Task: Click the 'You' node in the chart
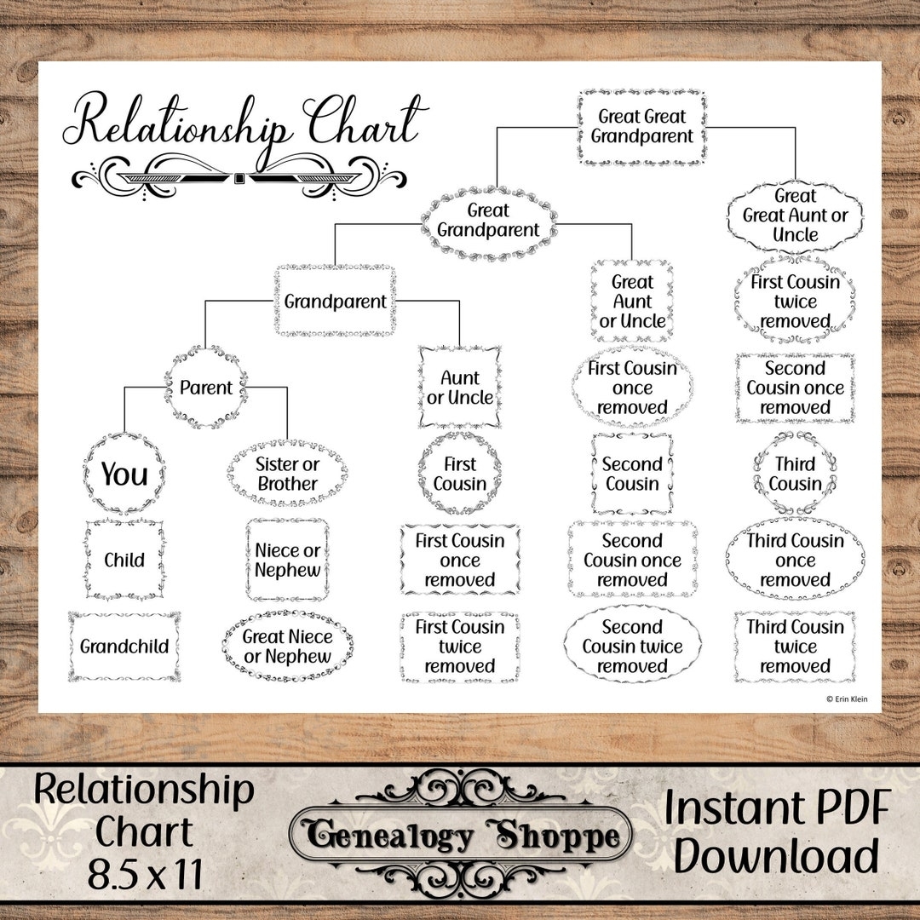click(124, 474)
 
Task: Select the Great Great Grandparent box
click(641, 126)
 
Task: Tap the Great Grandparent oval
click(488, 221)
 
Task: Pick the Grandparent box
click(335, 302)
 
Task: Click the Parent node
click(206, 388)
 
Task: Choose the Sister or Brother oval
click(288, 474)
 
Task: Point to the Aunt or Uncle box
click(460, 388)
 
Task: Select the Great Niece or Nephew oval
click(288, 646)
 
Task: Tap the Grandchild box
click(124, 646)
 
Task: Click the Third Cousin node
click(795, 474)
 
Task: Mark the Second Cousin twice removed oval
click(632, 646)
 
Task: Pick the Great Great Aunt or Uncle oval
click(795, 216)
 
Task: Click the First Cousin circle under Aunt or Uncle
click(460, 474)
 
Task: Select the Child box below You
click(124, 560)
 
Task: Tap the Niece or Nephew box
click(288, 560)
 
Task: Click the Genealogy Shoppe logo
click(461, 837)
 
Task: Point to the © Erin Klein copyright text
click(847, 699)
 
